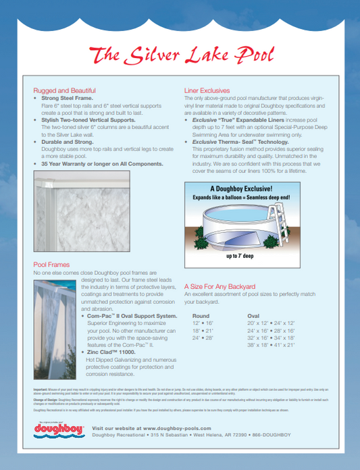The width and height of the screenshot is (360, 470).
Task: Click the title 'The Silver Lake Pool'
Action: (180, 54)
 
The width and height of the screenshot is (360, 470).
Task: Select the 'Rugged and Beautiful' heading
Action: (64, 90)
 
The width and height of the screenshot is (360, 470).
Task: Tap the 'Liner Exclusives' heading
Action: (209, 90)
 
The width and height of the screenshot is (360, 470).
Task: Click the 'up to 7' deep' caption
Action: (240, 257)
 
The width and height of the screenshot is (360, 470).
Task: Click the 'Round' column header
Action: (201, 315)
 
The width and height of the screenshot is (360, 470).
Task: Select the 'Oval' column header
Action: (253, 315)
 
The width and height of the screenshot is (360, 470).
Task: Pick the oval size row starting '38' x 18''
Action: (272, 344)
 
